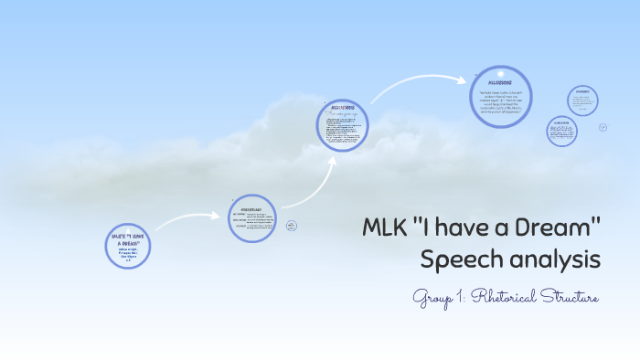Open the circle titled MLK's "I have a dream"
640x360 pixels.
coord(127,246)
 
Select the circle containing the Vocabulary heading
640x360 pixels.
coord(251,218)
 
